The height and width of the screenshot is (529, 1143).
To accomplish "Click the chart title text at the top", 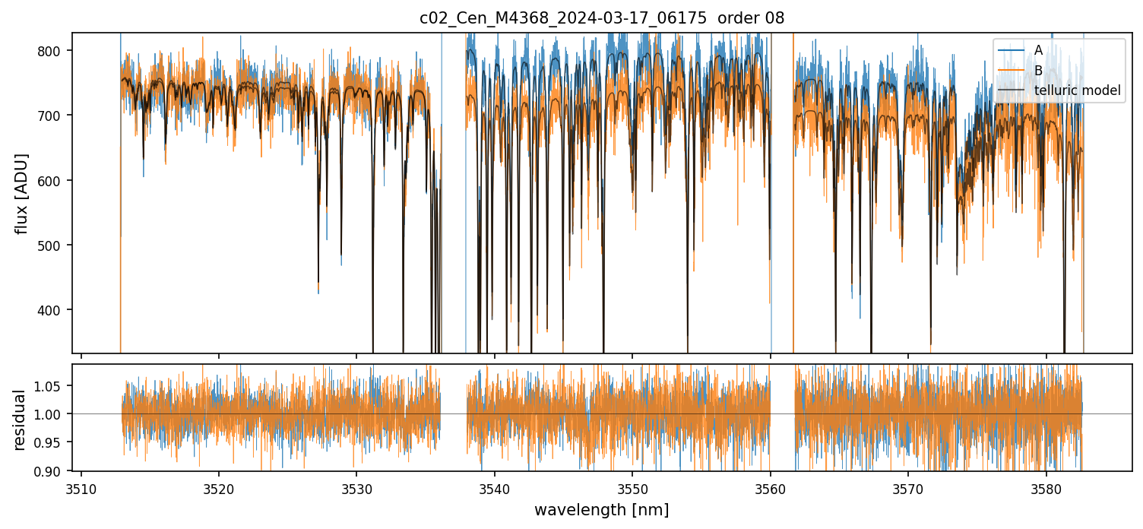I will coord(602,17).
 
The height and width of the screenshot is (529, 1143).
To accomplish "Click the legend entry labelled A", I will coord(1038,50).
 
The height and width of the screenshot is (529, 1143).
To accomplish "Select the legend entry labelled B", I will coord(1038,71).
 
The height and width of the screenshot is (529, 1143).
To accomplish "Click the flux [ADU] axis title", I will coord(22,193).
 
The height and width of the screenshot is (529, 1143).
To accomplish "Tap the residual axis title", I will coord(19,420).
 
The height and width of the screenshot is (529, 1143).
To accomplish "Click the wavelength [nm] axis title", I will coord(602,510).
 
